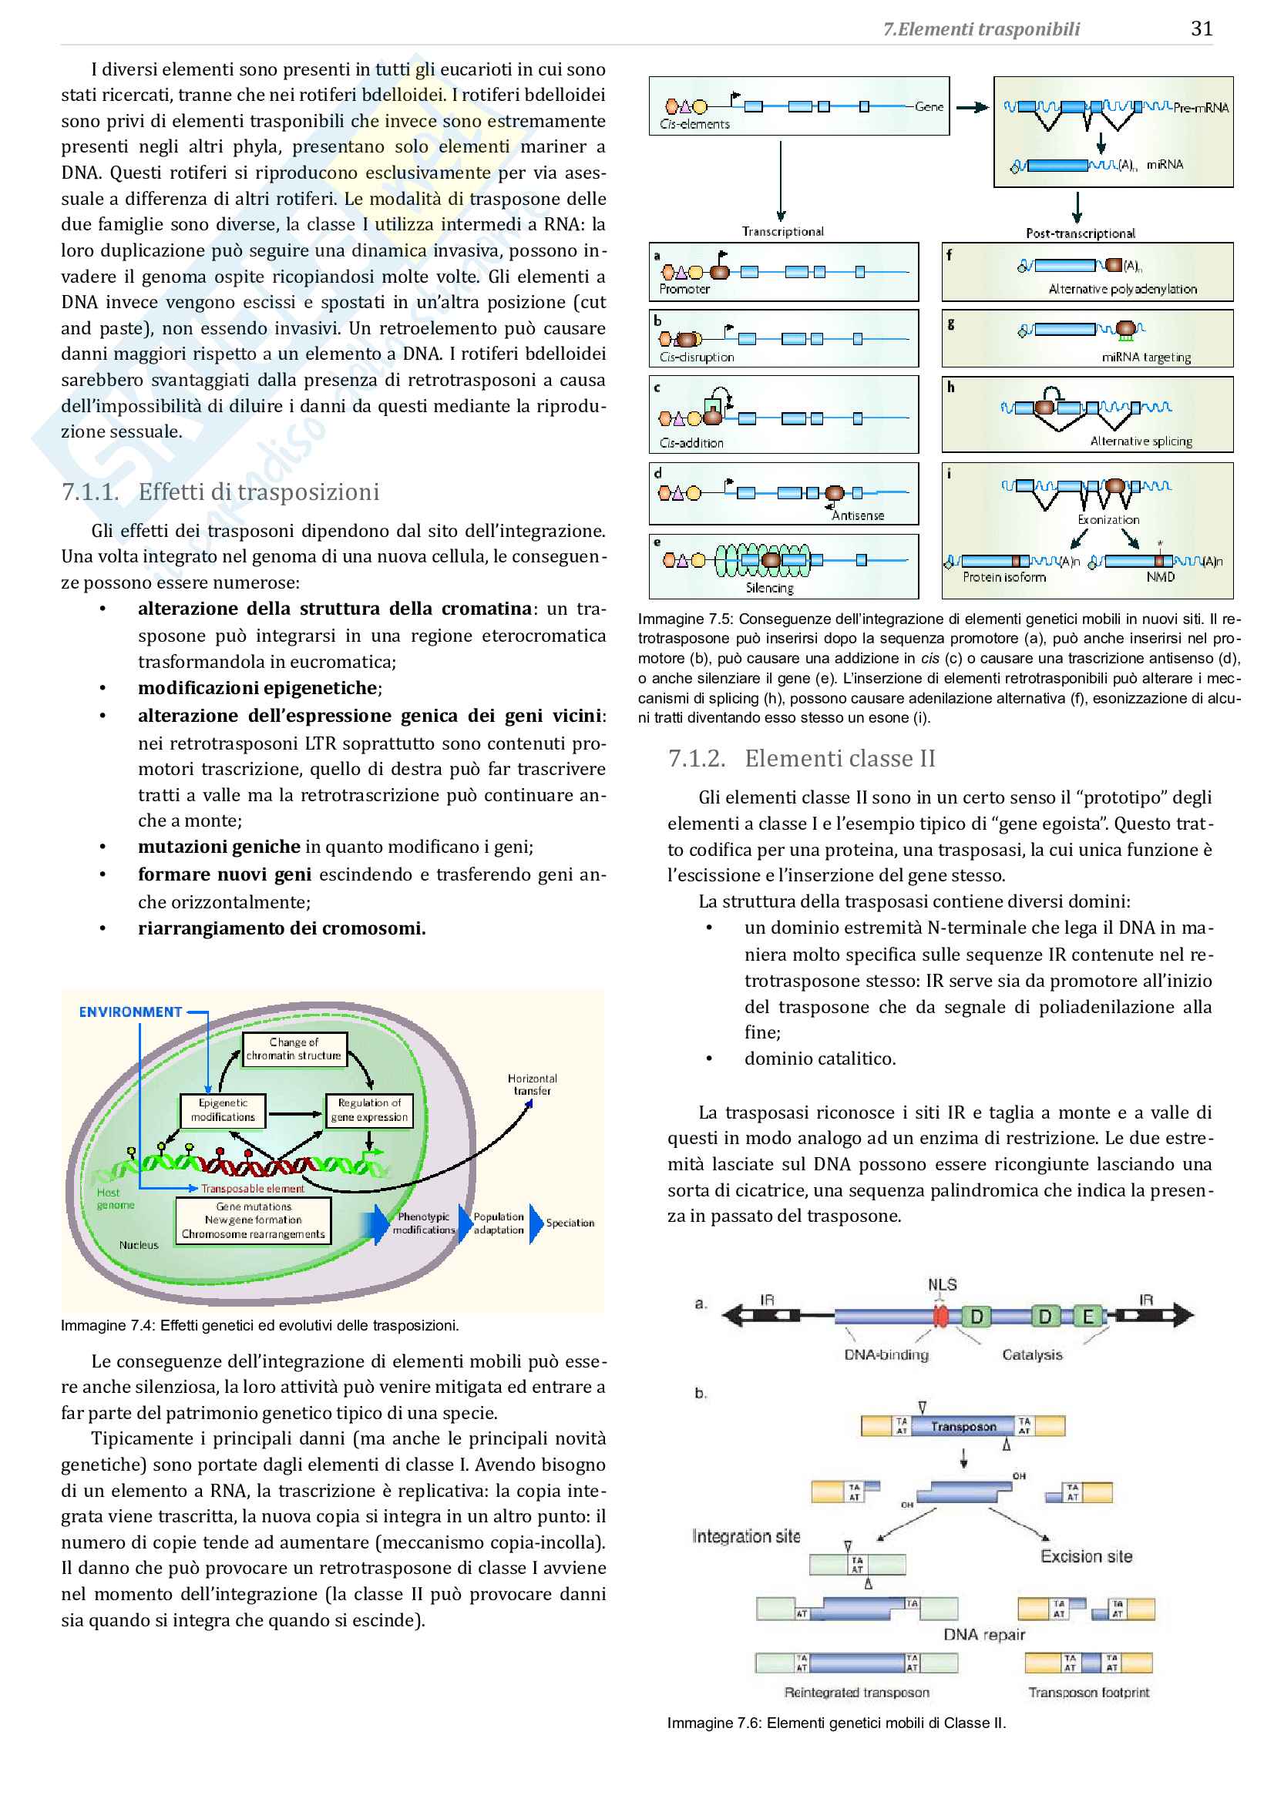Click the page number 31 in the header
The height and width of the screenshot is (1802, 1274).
1201,29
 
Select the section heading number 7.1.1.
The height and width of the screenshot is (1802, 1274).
90,492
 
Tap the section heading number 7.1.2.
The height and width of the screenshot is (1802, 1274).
696,758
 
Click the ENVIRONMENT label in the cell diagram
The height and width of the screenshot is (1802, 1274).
130,1012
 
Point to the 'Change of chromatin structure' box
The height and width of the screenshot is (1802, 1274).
294,1049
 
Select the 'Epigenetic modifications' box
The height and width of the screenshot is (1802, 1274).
223,1109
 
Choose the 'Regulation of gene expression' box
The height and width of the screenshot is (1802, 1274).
369,1109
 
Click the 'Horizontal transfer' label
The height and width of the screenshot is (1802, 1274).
533,1085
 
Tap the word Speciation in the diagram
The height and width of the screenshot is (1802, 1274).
570,1223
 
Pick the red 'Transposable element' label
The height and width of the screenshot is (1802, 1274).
252,1188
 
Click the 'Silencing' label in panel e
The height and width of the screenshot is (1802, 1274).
769,588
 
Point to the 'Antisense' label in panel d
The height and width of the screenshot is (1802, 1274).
858,515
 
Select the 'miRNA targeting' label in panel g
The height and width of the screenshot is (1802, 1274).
1146,357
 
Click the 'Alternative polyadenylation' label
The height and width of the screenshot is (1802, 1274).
1122,289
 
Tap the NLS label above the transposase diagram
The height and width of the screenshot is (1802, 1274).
942,1285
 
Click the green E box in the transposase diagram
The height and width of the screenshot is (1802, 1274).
1088,1316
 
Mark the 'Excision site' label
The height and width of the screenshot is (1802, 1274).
1087,1556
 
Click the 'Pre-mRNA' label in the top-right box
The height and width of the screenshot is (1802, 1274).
1200,109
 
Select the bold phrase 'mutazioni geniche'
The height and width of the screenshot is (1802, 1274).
219,847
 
